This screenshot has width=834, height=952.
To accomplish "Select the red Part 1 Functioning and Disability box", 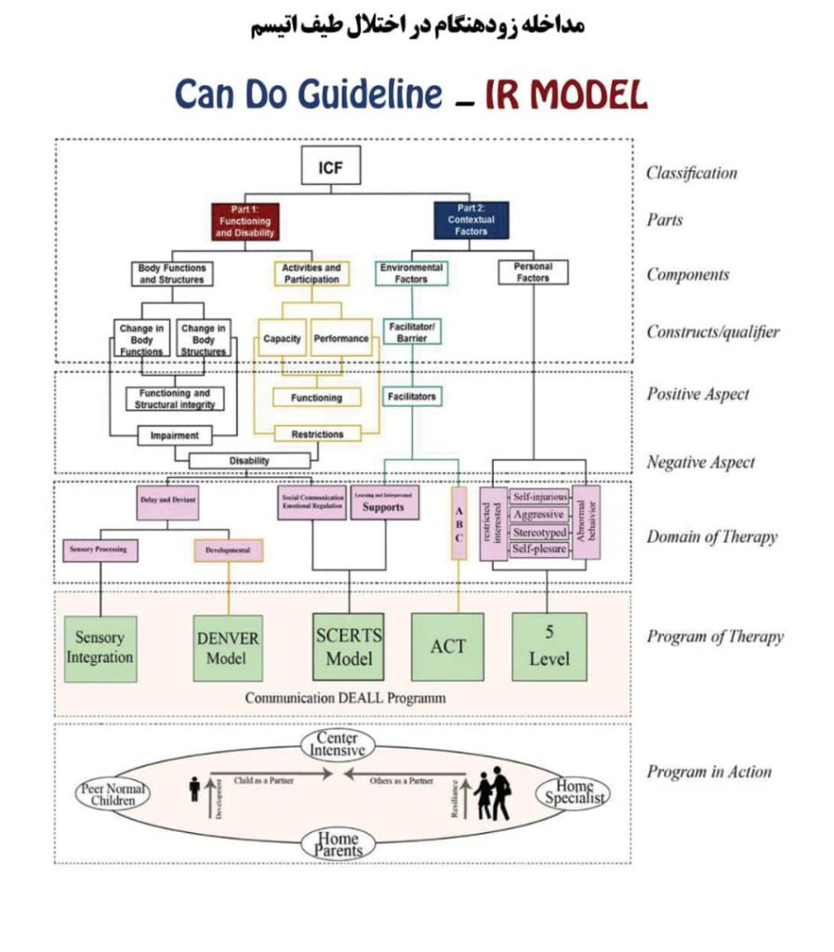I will click(x=245, y=221).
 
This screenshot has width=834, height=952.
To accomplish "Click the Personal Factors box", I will click(x=533, y=271).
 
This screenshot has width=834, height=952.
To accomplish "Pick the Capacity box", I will click(x=282, y=339).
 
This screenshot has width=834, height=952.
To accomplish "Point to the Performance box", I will click(x=341, y=339).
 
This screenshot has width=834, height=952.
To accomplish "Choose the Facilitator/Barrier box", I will click(x=412, y=332).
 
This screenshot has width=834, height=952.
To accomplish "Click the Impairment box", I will click(x=175, y=434).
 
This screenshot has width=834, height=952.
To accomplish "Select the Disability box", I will click(x=248, y=460).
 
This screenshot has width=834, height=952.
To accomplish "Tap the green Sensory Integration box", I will click(x=100, y=648).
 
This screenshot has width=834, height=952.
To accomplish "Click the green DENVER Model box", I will click(x=228, y=648).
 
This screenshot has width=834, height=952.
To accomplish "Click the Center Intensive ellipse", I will click(x=337, y=744).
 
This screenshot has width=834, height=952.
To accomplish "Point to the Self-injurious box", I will click(x=539, y=497).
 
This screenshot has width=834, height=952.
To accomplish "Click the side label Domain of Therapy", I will click(x=711, y=536).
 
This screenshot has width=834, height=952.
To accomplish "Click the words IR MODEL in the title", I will click(x=565, y=96).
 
